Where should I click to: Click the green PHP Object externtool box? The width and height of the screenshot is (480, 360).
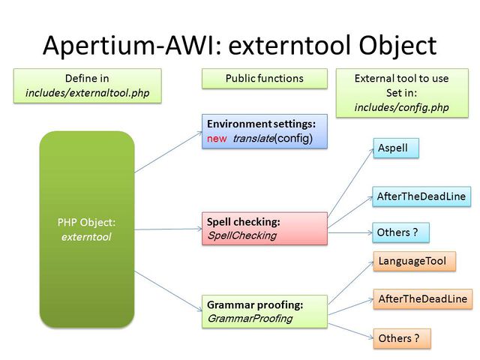[x=87, y=229]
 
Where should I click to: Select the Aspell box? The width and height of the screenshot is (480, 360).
[x=394, y=148]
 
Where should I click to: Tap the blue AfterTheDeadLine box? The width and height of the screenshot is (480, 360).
[x=421, y=196]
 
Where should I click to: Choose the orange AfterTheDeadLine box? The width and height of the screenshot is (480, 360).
[x=422, y=299]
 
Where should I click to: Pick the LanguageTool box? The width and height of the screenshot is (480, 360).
[x=413, y=262]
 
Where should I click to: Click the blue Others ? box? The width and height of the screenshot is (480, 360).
[x=400, y=232]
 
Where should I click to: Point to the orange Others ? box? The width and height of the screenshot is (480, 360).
[x=401, y=338]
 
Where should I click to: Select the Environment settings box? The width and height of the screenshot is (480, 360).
[x=265, y=131]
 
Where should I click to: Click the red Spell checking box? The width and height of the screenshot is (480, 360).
[x=265, y=229]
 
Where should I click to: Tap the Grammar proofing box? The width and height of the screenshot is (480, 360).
[x=265, y=312]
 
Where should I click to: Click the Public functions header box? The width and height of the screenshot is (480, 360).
[x=265, y=78]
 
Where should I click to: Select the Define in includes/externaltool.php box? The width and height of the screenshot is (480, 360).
[x=87, y=85]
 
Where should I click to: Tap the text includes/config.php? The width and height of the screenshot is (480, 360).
[x=401, y=107]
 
